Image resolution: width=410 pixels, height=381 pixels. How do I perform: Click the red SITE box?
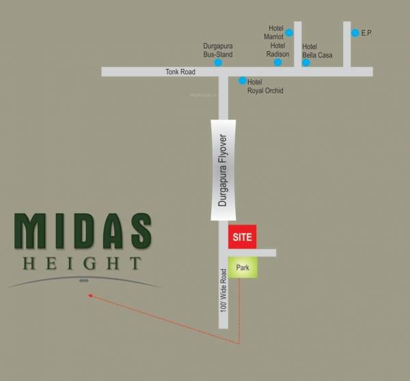(242, 237)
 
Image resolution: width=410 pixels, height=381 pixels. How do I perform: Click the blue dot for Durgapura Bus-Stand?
(218, 63)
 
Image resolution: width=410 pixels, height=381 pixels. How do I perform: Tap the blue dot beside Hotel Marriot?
(289, 32)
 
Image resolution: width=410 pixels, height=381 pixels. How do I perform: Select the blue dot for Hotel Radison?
(277, 62)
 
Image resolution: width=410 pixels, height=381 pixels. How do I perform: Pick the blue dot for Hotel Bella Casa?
(306, 63)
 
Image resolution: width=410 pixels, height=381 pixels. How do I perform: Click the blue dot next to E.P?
(355, 32)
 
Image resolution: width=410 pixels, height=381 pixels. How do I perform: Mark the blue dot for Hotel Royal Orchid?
(241, 81)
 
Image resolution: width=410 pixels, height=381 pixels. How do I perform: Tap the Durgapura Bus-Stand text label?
(218, 49)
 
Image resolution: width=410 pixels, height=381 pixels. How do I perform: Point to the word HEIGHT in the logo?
(82, 263)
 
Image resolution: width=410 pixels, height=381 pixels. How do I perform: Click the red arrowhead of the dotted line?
(90, 296)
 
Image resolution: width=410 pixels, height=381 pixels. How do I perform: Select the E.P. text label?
(367, 33)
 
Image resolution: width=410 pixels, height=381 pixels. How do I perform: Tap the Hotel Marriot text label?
(275, 33)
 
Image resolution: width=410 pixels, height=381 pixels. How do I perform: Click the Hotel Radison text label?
(277, 51)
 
